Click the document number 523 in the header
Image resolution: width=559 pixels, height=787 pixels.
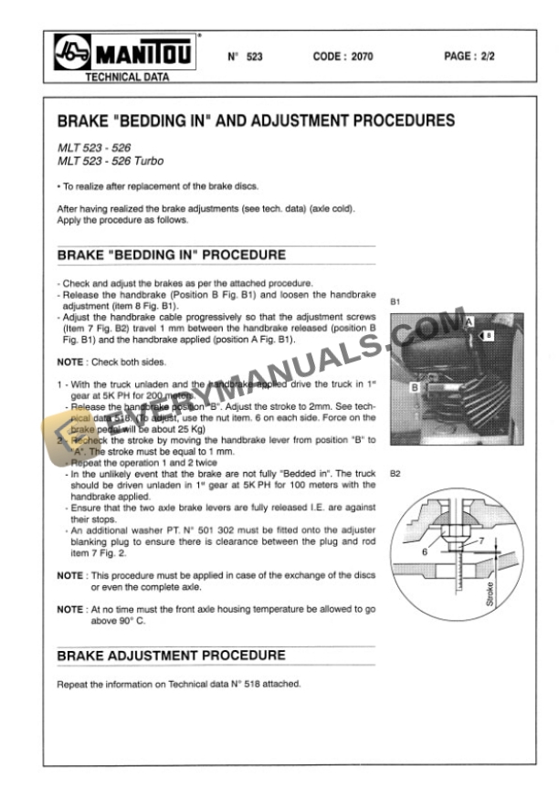click(247, 57)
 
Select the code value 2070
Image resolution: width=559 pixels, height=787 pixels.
click(343, 57)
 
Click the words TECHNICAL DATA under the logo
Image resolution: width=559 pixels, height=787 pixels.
click(126, 79)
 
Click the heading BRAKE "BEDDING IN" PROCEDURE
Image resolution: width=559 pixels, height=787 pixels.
click(172, 255)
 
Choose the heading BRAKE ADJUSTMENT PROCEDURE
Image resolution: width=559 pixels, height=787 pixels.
click(172, 656)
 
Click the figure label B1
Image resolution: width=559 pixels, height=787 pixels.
click(395, 300)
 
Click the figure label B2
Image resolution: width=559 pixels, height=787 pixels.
click(395, 475)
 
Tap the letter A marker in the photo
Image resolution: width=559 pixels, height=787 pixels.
click(468, 323)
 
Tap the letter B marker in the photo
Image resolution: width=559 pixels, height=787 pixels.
click(415, 387)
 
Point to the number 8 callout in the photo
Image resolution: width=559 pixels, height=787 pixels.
click(489, 336)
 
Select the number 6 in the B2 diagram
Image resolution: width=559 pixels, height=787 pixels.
click(425, 551)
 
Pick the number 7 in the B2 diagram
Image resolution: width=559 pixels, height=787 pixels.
click(485, 540)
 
